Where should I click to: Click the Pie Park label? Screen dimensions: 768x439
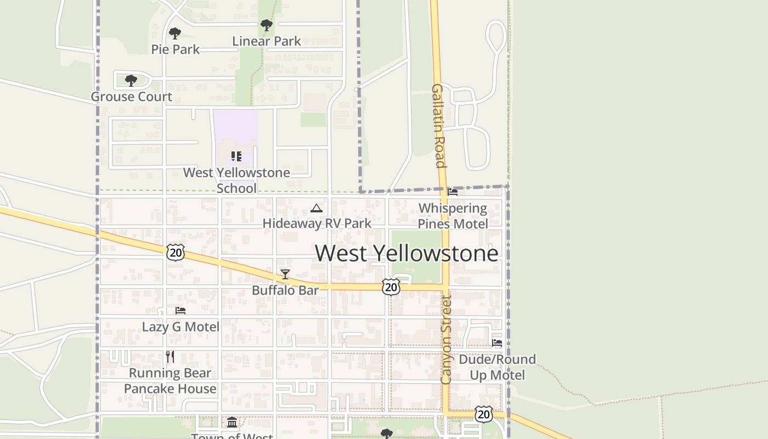point(176,49)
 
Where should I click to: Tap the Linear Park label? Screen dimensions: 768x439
point(267,41)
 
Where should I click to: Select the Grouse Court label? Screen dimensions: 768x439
point(132,97)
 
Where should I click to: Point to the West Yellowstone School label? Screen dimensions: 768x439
point(236,180)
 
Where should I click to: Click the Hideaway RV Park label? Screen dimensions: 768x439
point(317,223)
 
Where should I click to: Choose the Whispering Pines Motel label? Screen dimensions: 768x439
point(453,216)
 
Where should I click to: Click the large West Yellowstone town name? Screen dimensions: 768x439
point(406,253)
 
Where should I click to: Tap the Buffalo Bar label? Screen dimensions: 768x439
point(285,290)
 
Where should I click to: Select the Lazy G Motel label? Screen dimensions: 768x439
point(180,327)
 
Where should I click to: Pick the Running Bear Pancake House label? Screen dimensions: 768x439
point(170,381)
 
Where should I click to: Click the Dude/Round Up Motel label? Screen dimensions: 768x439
point(497,367)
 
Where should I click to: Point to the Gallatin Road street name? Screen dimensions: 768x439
point(438,126)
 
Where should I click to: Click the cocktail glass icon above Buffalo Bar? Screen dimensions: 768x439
point(285,274)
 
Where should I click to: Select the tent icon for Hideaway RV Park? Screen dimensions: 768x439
point(316,208)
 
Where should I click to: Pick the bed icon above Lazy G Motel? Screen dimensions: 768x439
point(180,311)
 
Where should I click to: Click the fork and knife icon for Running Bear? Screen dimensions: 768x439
point(170,357)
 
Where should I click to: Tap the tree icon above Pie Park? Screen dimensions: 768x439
point(175,33)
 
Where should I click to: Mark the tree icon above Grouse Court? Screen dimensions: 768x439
point(131,81)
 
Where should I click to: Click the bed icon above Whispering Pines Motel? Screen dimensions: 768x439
point(453,192)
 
